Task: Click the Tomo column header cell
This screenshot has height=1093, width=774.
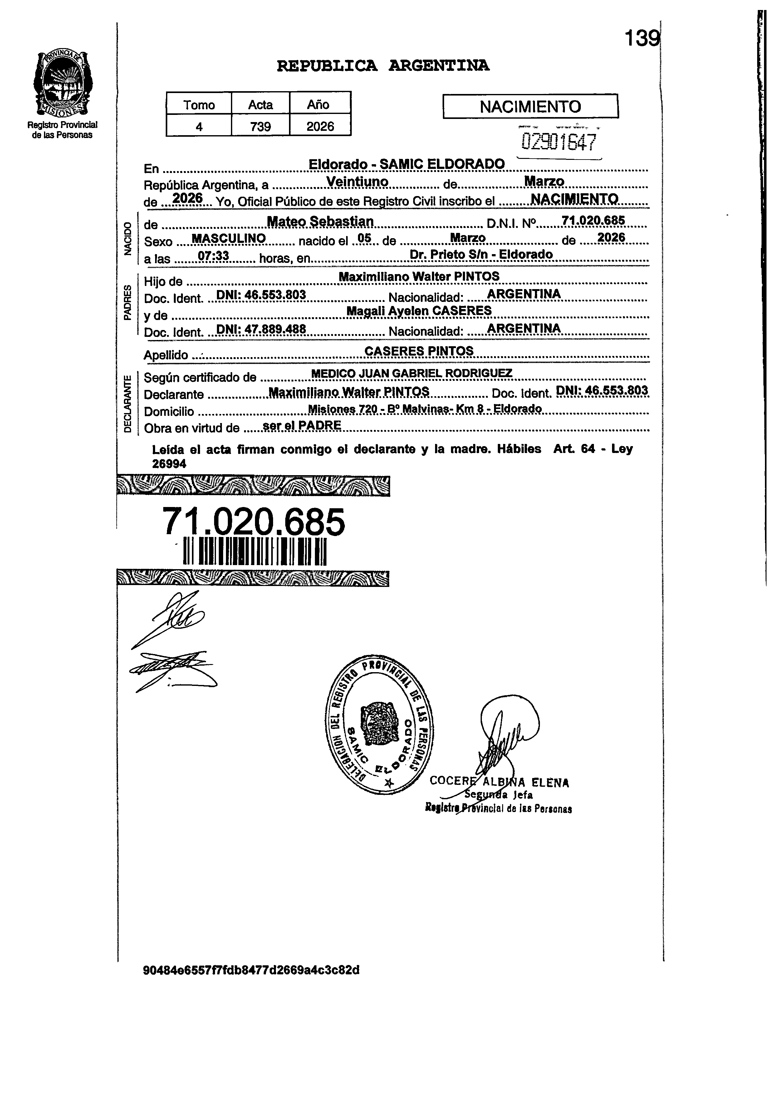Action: [199, 104]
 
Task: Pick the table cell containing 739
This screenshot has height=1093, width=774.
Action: [260, 126]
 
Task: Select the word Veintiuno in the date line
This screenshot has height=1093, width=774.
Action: [357, 182]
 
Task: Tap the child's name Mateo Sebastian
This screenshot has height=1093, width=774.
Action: [320, 222]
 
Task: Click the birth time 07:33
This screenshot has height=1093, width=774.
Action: [213, 256]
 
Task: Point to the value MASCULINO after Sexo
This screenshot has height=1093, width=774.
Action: [228, 238]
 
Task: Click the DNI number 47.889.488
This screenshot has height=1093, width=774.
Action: [261, 329]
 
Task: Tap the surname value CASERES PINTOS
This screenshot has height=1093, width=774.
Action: [419, 351]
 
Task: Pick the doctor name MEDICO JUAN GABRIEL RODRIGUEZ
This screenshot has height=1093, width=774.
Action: [411, 374]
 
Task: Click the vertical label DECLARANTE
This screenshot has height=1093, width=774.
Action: [127, 404]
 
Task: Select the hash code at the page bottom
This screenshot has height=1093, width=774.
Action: [251, 970]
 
